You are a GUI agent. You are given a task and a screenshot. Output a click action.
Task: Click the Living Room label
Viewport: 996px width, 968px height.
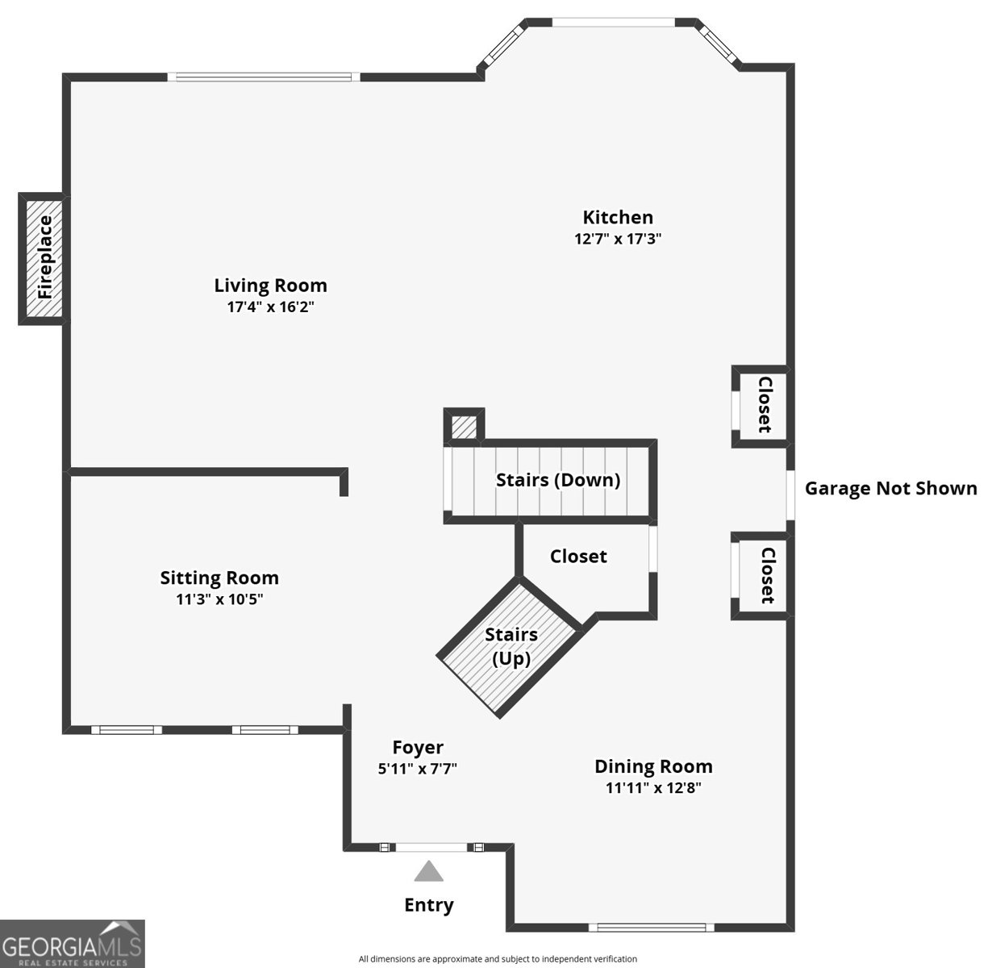coord(270,285)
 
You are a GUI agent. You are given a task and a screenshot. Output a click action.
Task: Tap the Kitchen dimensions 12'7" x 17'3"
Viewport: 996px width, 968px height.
coord(618,239)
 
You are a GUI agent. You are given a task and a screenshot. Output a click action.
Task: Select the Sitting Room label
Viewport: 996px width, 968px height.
coord(219,578)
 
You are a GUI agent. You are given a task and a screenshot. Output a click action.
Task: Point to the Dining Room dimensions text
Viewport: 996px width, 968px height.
coord(653,787)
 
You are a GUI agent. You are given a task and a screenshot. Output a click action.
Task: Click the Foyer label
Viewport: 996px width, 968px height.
coord(418,748)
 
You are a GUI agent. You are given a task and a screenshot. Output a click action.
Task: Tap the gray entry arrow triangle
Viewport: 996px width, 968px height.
coord(428,870)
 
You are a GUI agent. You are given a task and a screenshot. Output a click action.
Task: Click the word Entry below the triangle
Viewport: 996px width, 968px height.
coord(429,905)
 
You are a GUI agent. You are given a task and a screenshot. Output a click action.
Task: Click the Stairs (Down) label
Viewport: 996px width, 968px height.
coord(558,480)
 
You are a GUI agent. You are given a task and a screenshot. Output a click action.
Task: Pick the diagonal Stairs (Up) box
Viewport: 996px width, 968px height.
coord(510,646)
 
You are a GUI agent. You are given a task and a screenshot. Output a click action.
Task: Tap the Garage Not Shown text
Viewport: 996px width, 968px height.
coord(891,488)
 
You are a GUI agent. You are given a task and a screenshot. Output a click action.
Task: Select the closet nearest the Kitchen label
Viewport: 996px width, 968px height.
coord(762,406)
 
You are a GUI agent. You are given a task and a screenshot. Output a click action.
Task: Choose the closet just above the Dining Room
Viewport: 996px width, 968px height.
coord(762,576)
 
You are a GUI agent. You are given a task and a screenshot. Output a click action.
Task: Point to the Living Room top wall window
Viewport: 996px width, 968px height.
coord(264,77)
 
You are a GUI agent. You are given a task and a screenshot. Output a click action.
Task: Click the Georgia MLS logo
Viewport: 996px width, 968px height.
coord(72,944)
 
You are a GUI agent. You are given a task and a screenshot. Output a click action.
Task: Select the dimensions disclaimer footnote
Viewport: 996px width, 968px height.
coord(498,959)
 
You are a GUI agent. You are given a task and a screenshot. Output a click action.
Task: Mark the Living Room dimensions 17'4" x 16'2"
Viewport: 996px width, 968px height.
coord(270,307)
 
